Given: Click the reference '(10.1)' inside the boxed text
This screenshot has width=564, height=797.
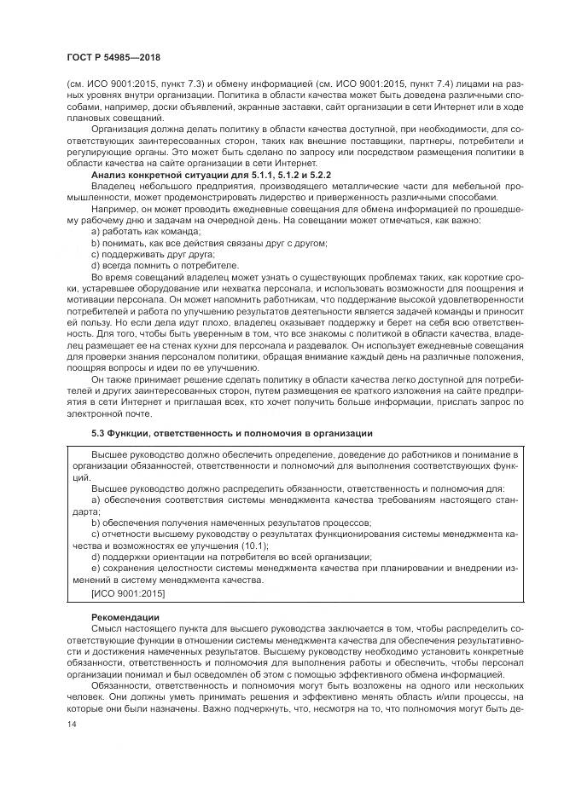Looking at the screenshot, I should pyautogui.click(x=269, y=543).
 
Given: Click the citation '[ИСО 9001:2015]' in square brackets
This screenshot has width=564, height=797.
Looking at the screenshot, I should pyautogui.click(x=127, y=592).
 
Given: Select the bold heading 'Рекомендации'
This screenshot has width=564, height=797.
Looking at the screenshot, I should pyautogui.click(x=124, y=615).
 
